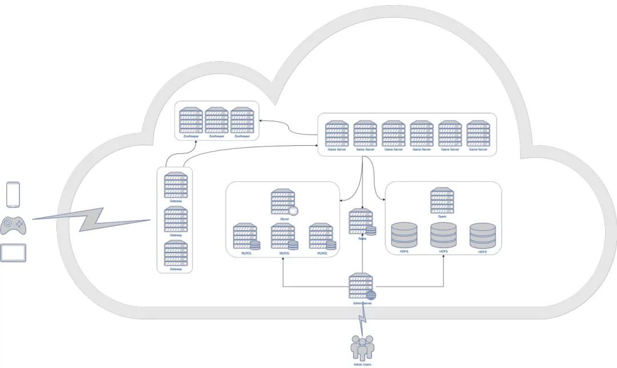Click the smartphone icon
13,194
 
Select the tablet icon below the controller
13,252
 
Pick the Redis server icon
361,222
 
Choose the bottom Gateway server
175,253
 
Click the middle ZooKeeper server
217,120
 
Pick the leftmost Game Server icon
336,133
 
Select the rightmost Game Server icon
478,133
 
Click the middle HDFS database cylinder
443,235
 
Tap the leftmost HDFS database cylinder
404,235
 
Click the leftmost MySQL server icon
246,237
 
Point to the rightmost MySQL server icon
321,237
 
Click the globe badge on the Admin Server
371,295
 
